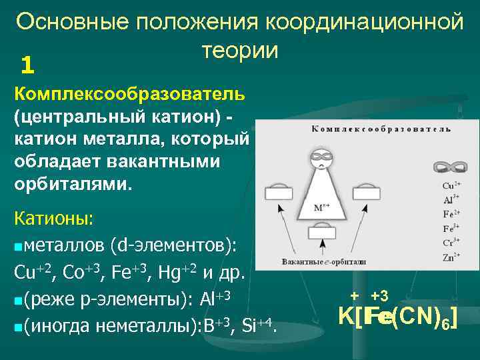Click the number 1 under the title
point(27,65)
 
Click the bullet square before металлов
point(17,248)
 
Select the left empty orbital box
point(279,193)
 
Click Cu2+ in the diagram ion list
point(451,186)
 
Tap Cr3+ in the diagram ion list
point(451,243)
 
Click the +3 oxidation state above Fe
point(379,295)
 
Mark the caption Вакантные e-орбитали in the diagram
point(323,262)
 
